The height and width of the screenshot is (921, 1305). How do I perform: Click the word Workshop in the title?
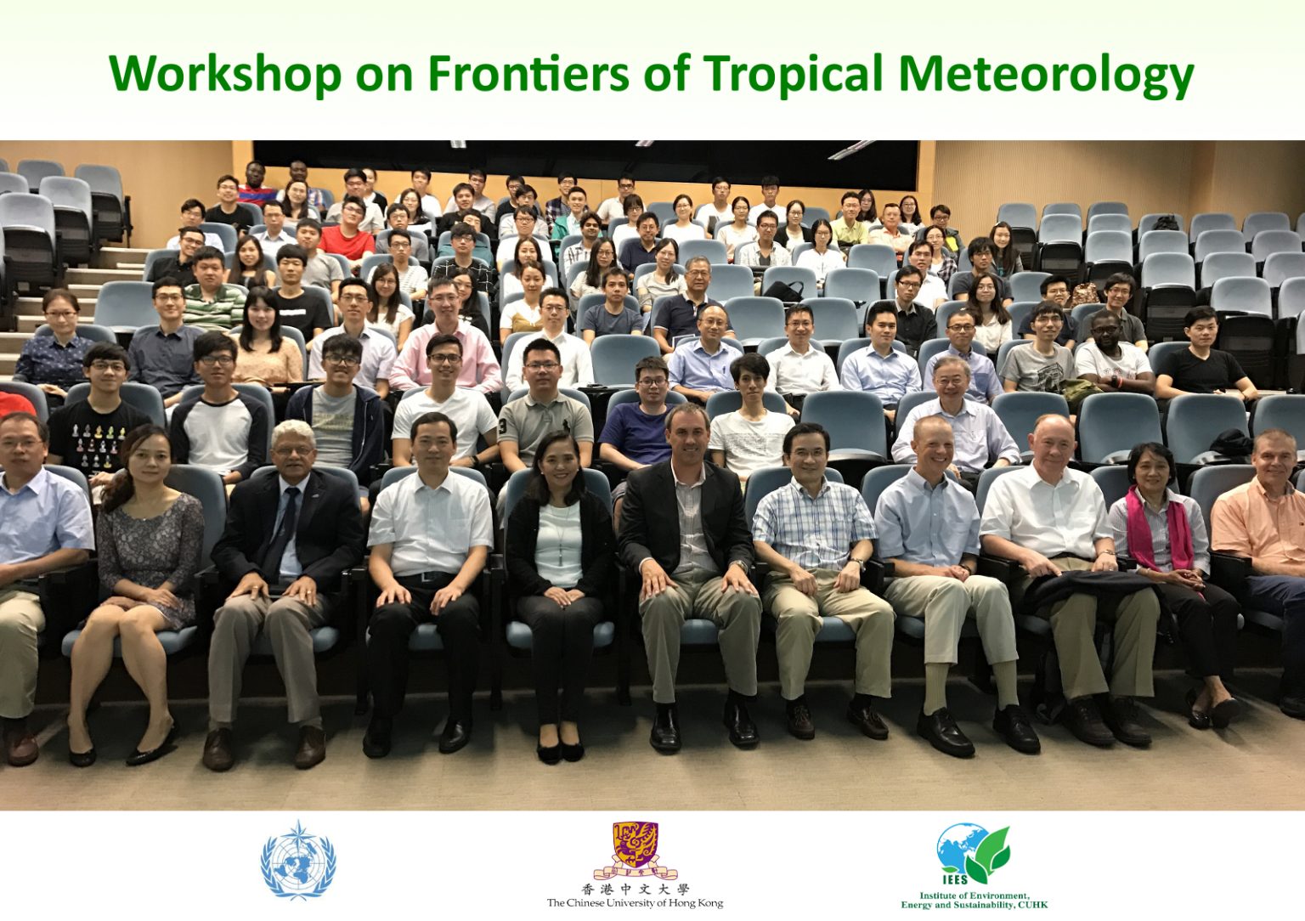(224, 75)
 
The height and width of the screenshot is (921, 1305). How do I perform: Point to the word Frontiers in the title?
(529, 73)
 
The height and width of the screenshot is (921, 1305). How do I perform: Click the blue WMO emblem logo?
(298, 861)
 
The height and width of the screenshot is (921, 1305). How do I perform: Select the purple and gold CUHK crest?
(635, 850)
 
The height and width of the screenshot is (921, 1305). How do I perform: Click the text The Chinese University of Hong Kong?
(635, 903)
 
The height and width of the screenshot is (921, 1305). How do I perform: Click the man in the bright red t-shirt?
(347, 232)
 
